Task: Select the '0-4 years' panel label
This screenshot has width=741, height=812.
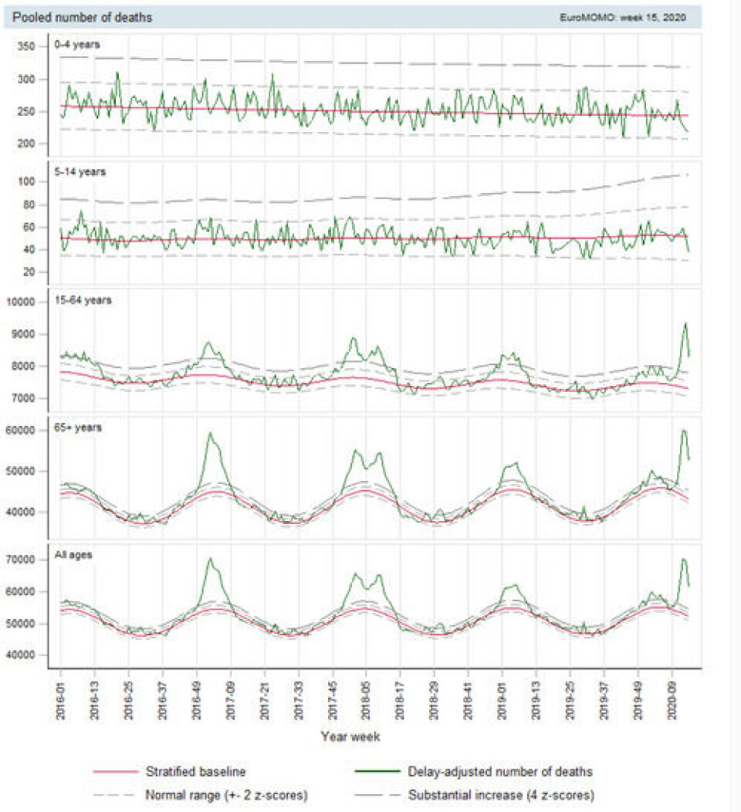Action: tap(83, 44)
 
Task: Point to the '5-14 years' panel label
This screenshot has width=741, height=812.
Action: tap(86, 171)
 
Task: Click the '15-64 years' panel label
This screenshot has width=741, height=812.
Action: tap(89, 299)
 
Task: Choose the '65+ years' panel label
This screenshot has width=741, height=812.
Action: tap(84, 427)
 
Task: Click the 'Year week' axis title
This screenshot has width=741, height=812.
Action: tap(350, 736)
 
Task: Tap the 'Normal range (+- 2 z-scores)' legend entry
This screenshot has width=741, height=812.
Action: tap(219, 793)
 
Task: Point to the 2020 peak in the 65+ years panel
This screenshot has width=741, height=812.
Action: tap(683, 430)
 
